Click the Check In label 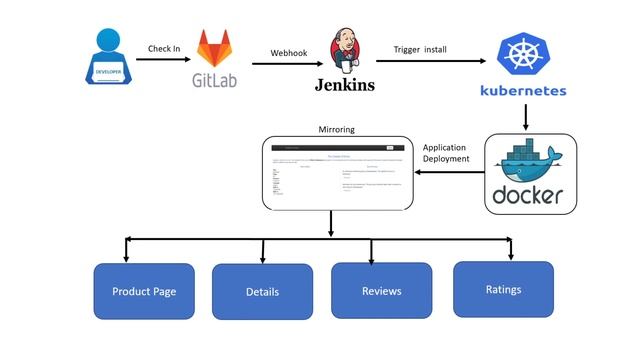point(164,48)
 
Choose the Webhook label point(288,53)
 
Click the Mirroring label point(336,129)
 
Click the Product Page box point(144,291)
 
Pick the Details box point(262,292)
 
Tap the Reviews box point(381,291)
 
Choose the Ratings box point(503,289)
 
